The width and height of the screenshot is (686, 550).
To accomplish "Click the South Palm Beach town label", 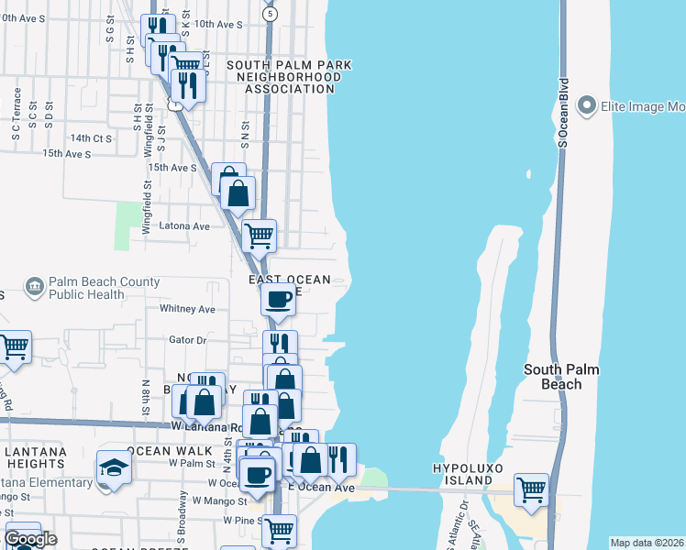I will coord(560,377).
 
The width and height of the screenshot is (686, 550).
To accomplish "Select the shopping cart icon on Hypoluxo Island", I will coord(531,489).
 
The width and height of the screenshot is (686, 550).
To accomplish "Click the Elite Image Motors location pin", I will coord(586,106).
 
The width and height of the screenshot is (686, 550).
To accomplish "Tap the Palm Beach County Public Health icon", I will coord(34,286).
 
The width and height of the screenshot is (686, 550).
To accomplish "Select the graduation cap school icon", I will coord(114,467).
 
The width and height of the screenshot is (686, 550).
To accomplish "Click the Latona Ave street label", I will coord(184,225).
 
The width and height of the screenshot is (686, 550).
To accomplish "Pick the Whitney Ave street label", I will coord(187,310).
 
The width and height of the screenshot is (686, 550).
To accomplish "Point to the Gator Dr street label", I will coord(188,339).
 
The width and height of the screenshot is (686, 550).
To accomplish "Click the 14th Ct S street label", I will coord(91,138).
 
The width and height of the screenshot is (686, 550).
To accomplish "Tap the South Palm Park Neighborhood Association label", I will coord(289,77).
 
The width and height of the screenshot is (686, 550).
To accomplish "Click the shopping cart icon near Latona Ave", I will coord(259,235).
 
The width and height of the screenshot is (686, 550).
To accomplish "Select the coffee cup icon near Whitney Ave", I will coord(278,298).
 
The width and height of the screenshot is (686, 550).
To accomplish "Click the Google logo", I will coord(30,539).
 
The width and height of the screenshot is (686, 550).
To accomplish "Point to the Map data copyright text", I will coord(647,543).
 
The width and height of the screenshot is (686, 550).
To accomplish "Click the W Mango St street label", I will coord(219,501).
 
